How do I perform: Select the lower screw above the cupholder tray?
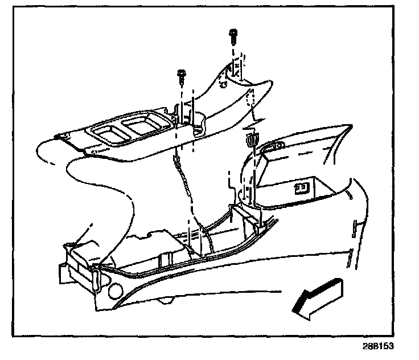pos(180,74)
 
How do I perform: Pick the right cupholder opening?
pos(142,123)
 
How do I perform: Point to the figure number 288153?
pos(377,346)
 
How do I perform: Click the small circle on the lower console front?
pos(113,289)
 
